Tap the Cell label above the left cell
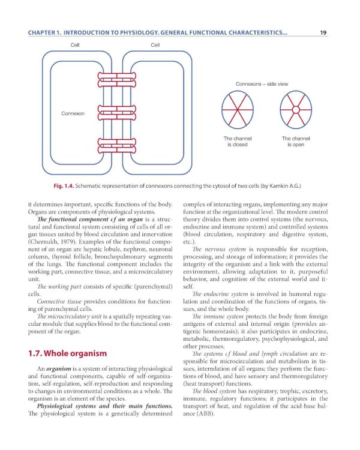click(76, 46)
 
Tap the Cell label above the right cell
click(155, 46)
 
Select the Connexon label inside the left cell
click(73, 113)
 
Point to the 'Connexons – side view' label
click(263, 84)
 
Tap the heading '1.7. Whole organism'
click(66, 353)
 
